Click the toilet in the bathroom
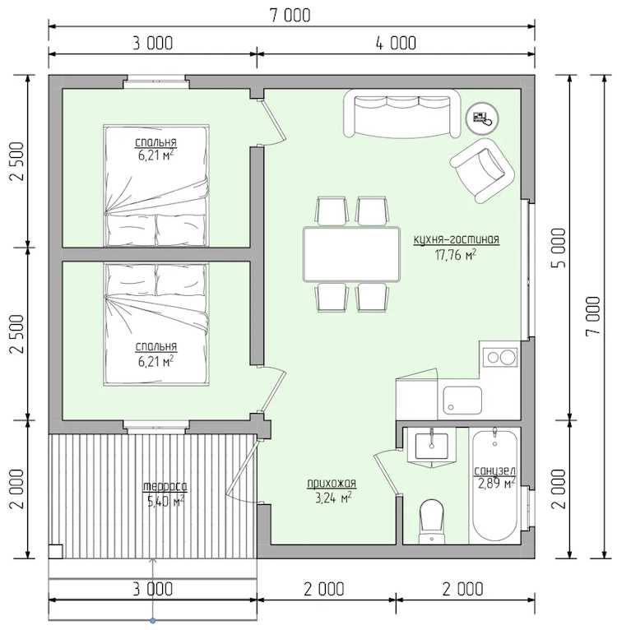click(431, 522)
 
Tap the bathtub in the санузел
click(494, 487)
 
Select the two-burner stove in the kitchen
click(500, 357)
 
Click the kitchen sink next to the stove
click(462, 401)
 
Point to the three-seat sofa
click(402, 113)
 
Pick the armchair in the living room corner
click(482, 170)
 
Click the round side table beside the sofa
click(481, 118)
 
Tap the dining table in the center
click(352, 254)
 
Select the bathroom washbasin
click(431, 447)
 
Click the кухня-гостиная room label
click(457, 240)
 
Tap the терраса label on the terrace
click(165, 487)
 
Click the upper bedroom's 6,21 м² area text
click(156, 156)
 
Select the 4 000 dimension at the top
click(396, 43)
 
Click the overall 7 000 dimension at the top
click(290, 16)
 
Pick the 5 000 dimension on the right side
click(559, 248)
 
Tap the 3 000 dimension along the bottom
click(153, 590)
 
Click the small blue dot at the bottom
click(153, 621)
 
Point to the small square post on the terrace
click(55, 551)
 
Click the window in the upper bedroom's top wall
click(155, 81)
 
